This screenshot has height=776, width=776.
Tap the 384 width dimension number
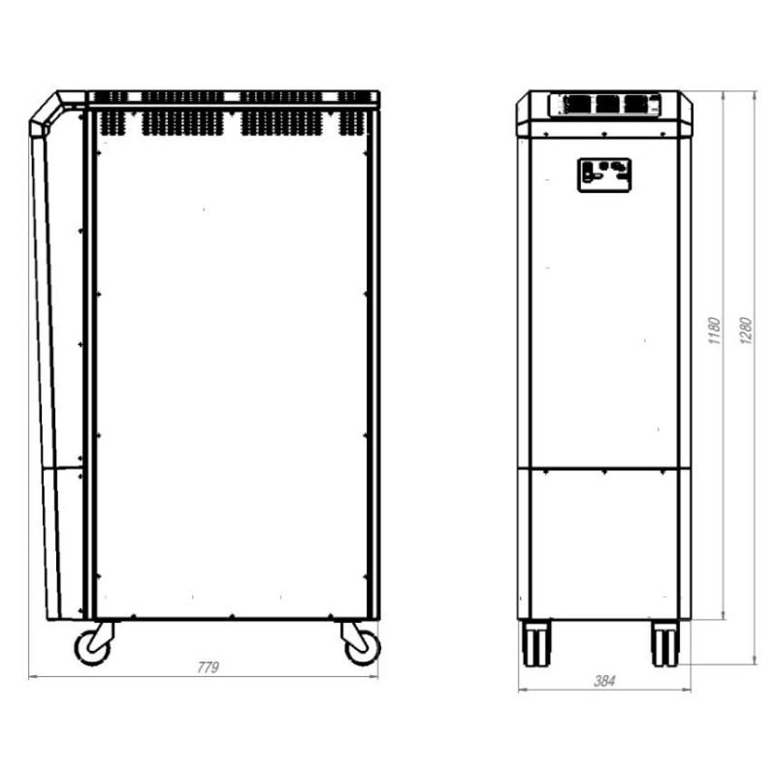(603, 681)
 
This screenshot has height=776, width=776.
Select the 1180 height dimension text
(715, 332)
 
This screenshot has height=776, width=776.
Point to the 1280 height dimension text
(745, 330)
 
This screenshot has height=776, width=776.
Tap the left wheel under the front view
(535, 643)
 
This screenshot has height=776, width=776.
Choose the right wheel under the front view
(664, 643)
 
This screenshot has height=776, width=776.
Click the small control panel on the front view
(604, 175)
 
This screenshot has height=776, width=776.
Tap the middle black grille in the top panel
(607, 104)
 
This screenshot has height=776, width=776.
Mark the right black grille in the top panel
(636, 104)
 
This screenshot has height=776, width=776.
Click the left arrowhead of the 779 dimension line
(33, 676)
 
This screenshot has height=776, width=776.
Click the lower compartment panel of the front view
(603, 543)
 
